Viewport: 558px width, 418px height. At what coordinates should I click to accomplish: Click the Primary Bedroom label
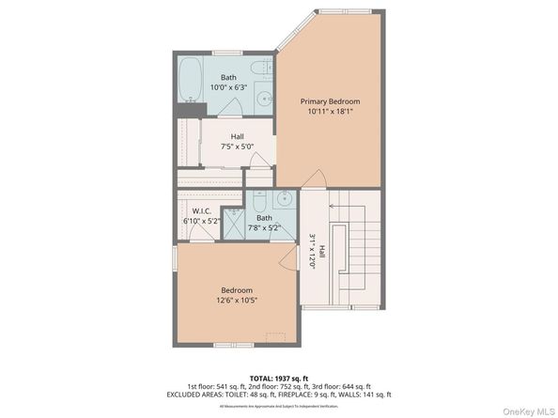(x=330, y=101)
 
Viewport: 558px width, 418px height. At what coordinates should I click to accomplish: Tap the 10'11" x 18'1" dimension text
(x=330, y=111)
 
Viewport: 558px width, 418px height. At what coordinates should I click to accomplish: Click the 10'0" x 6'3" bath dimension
(x=228, y=87)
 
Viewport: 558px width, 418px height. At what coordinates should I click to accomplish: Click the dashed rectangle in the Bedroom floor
(x=276, y=337)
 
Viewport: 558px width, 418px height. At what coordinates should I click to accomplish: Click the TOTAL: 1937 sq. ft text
(x=278, y=376)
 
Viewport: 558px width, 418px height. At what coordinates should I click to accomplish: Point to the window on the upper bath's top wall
(x=227, y=53)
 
